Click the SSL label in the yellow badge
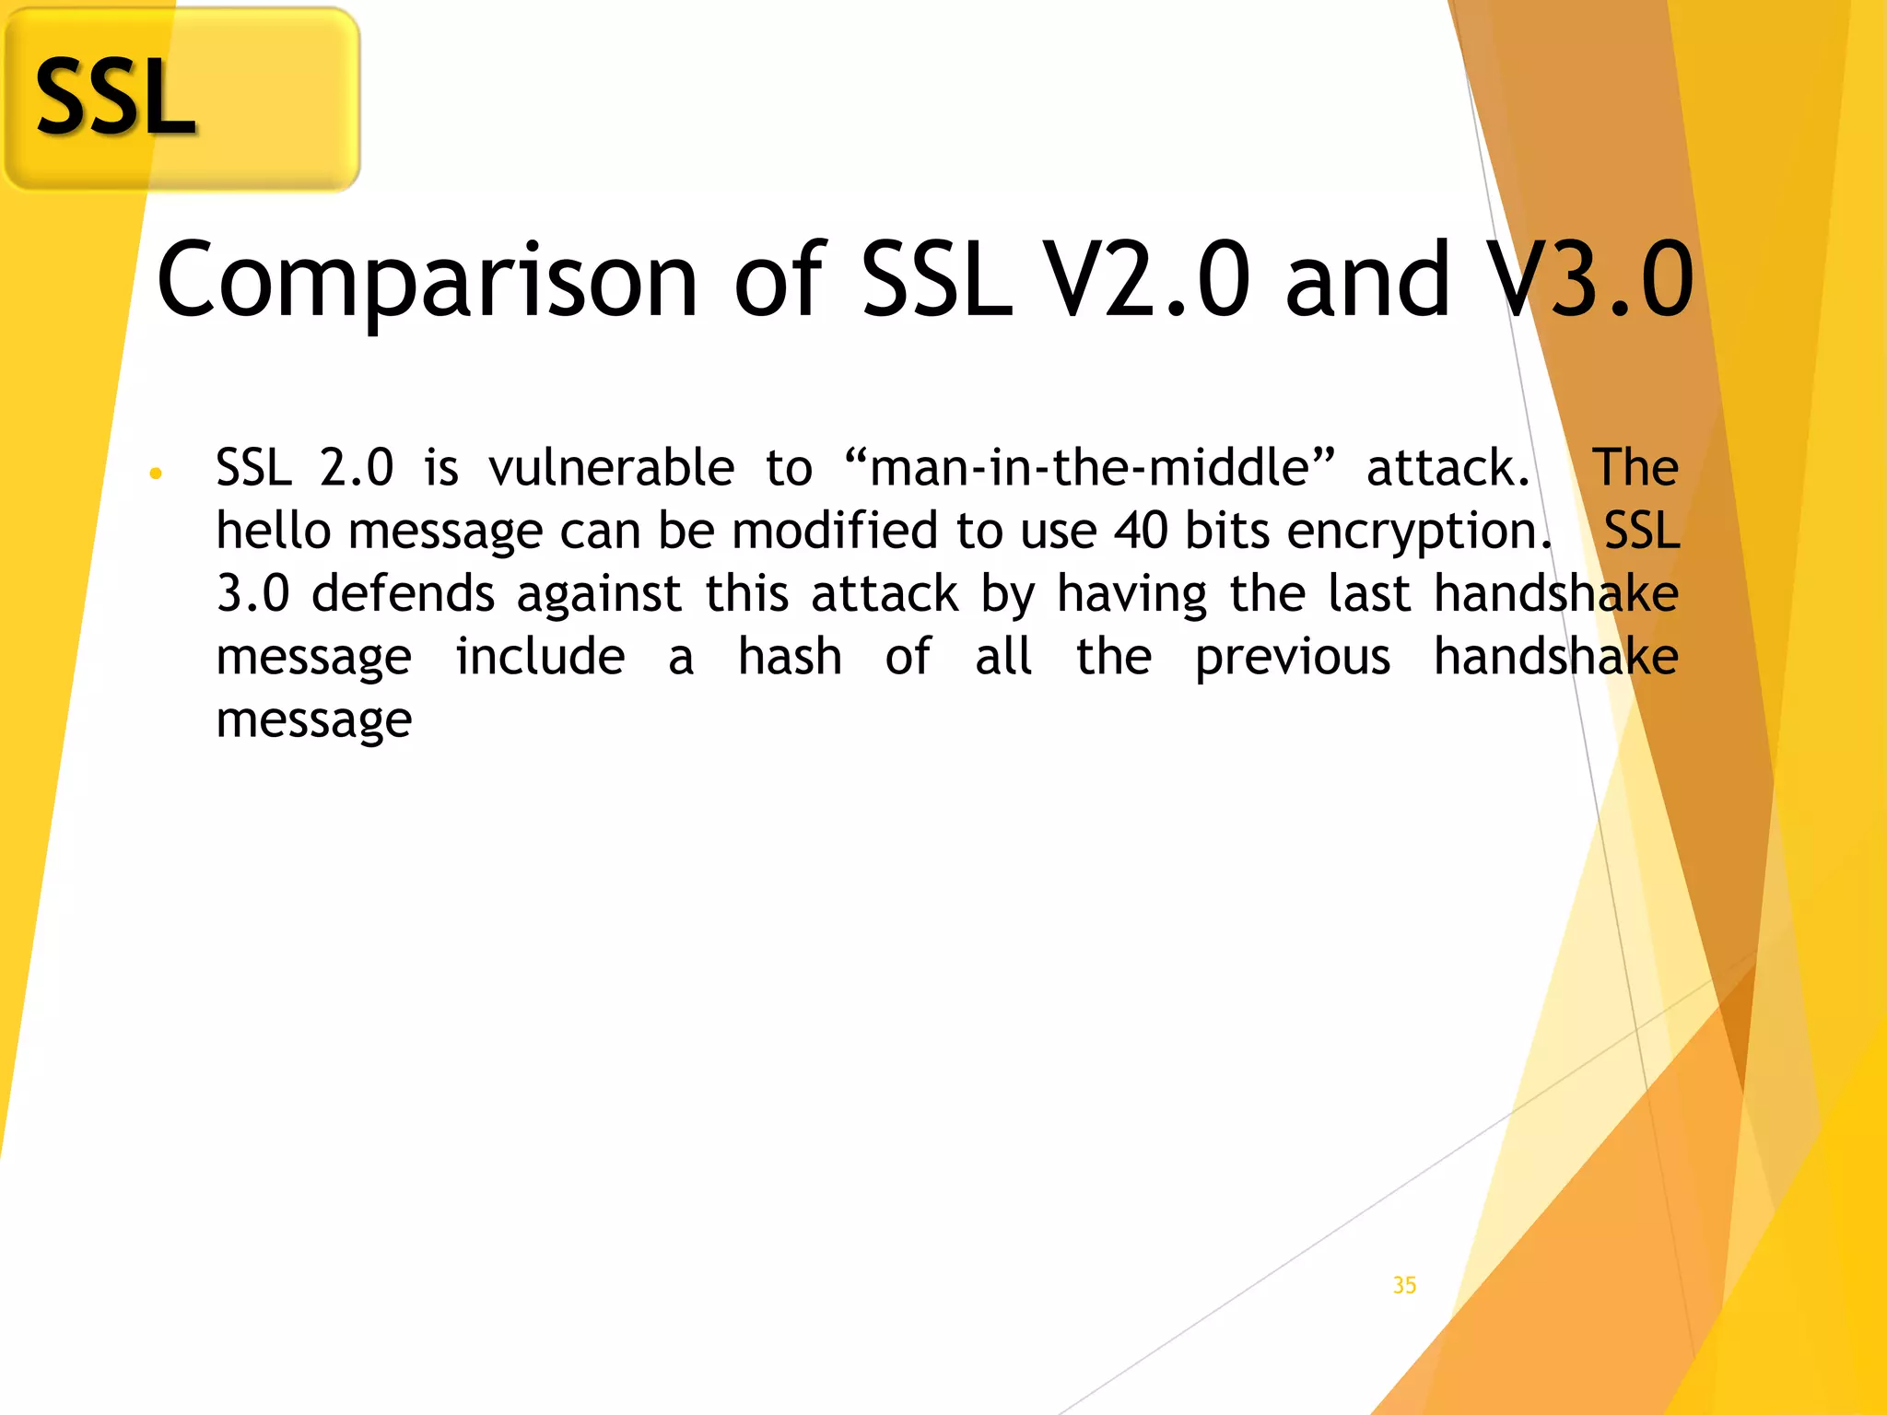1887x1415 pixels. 115,98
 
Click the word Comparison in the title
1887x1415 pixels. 427,280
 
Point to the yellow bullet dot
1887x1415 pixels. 156,474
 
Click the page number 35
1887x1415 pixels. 1404,1285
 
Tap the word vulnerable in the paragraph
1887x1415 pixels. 611,467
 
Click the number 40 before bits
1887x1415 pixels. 1142,531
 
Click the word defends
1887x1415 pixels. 403,593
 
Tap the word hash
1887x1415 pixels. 790,657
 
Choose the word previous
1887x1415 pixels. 1292,659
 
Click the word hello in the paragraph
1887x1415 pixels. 273,531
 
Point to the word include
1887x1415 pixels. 540,657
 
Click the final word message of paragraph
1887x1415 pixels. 313,721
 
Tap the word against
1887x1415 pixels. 599,595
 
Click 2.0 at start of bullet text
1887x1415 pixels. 357,467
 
